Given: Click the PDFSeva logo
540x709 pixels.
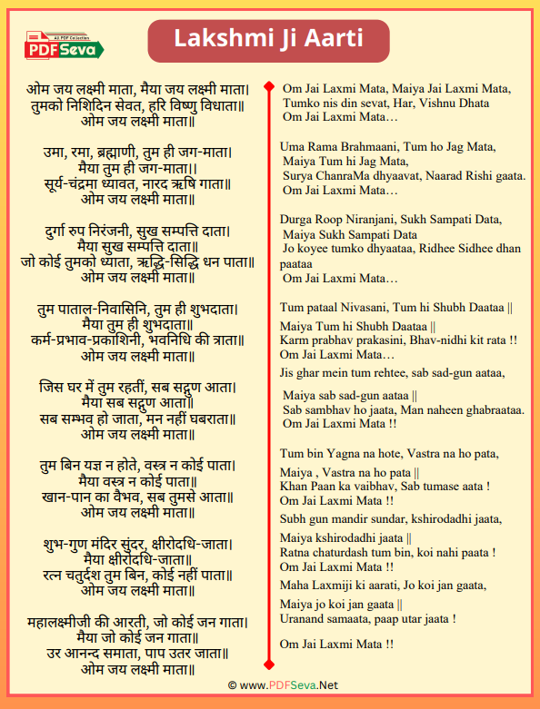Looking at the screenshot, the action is click(65, 45).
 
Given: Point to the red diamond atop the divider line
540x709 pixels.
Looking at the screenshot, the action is click(269, 87).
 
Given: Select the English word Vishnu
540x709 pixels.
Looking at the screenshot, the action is click(435, 103).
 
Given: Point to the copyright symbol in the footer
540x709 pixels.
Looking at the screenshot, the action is click(231, 685).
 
